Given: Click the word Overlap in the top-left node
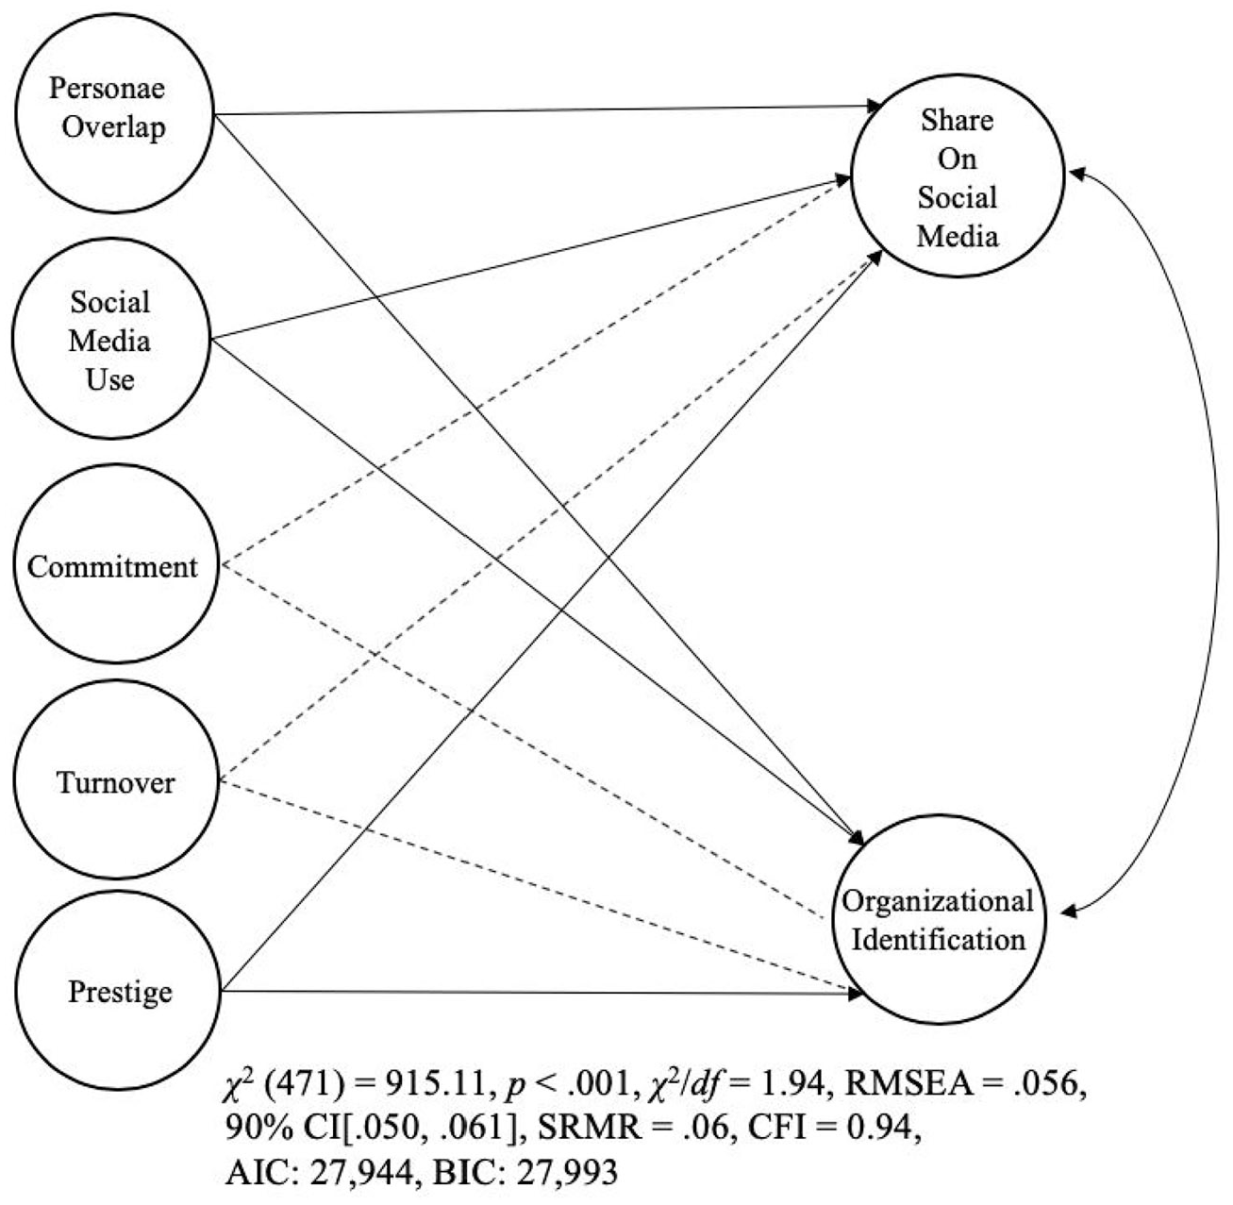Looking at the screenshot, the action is (x=114, y=127).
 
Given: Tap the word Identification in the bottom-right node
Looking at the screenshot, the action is (x=939, y=940).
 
